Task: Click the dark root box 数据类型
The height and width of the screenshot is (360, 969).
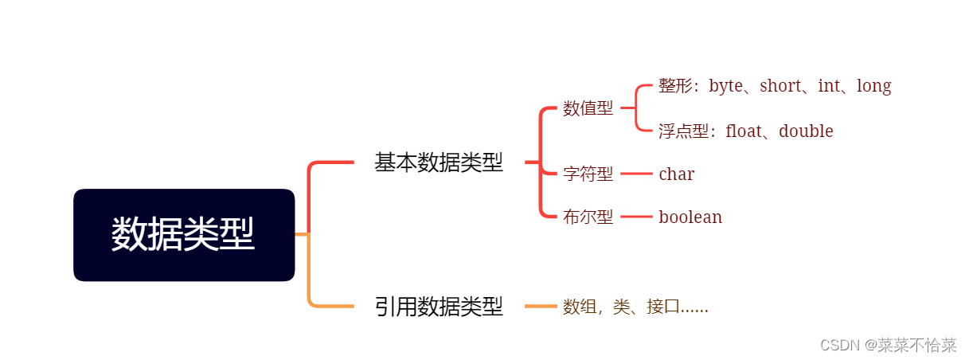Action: click(184, 235)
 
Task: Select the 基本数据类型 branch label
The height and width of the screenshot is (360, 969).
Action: click(439, 162)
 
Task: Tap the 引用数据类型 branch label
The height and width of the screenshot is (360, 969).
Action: click(439, 307)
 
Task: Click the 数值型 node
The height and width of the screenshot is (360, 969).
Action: click(588, 109)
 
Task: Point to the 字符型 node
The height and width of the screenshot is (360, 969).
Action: click(588, 174)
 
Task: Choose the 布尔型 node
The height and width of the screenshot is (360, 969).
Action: click(588, 217)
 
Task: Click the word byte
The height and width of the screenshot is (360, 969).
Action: click(725, 86)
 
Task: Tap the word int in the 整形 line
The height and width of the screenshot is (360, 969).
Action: click(829, 86)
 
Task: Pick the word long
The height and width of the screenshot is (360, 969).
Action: click(873, 86)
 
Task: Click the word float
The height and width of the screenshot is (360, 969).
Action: click(744, 131)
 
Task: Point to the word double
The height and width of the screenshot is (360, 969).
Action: click(806, 131)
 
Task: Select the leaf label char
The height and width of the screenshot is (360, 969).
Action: click(676, 174)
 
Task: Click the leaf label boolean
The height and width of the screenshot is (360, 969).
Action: click(690, 217)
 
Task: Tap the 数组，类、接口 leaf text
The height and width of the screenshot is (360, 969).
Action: click(635, 307)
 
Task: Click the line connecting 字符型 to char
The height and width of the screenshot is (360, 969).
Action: click(636, 174)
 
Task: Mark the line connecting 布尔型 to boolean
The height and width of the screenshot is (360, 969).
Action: click(636, 217)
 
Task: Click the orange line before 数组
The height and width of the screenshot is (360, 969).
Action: click(541, 306)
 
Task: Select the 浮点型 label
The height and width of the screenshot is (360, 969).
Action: click(683, 131)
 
